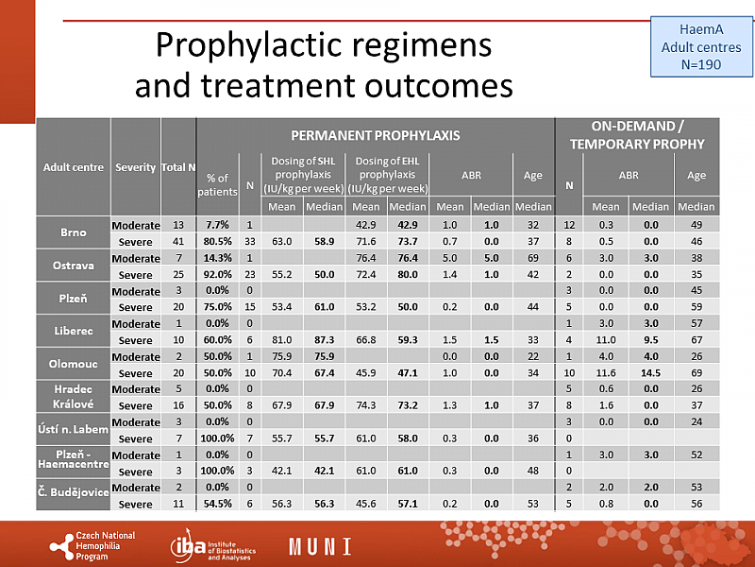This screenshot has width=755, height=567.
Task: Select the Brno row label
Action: (74, 233)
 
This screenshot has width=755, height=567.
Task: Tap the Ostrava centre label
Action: (74, 266)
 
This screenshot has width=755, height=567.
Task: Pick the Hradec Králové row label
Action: (74, 397)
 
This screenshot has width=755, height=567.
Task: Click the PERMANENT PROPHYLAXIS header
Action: (375, 135)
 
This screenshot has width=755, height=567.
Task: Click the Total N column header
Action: (178, 167)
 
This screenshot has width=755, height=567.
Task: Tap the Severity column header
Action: (135, 167)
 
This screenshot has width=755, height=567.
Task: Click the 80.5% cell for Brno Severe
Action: (218, 241)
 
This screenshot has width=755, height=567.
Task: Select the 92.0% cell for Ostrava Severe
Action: (218, 274)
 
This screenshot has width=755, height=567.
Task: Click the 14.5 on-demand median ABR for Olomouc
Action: (650, 372)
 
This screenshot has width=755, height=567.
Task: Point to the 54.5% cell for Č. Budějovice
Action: (218, 503)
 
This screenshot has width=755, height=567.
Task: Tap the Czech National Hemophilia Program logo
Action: (93, 545)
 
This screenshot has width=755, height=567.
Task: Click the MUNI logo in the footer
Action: (320, 546)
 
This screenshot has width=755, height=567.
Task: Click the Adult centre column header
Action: (74, 167)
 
